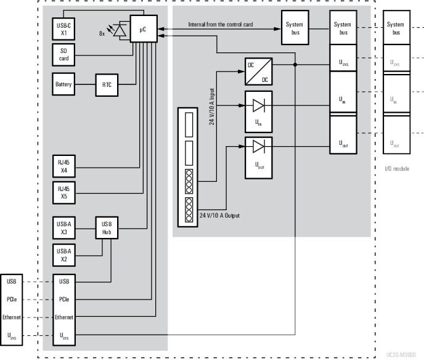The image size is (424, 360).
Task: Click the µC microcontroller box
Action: point(144,29)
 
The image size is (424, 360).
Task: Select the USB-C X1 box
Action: point(63,28)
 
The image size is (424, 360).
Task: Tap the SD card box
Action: point(63,55)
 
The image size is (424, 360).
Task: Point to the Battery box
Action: point(63,84)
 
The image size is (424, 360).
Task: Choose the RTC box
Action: point(106,84)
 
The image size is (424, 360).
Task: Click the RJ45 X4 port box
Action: point(63,166)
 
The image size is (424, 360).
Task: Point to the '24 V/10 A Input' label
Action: point(211,105)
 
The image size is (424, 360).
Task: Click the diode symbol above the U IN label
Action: point(259,105)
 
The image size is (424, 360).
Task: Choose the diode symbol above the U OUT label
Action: point(259,147)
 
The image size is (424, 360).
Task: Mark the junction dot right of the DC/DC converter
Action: point(296,64)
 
